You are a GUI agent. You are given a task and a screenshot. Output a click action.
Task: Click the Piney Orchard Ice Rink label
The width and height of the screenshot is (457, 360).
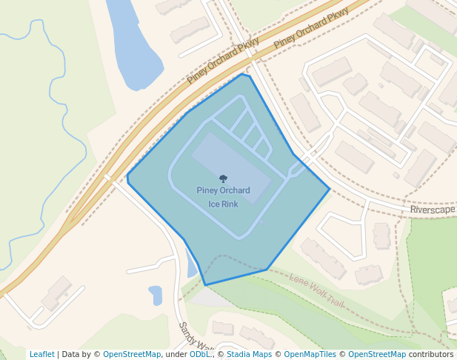tap(223, 197)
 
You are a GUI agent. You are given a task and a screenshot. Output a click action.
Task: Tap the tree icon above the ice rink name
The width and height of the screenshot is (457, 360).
tap(223, 179)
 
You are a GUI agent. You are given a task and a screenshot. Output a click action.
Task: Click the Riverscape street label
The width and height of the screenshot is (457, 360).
tap(433, 210)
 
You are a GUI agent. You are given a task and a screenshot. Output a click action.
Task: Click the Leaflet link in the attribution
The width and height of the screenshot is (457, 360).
tap(41, 354)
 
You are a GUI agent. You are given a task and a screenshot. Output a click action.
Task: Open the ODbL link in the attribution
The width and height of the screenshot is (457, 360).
tap(199, 354)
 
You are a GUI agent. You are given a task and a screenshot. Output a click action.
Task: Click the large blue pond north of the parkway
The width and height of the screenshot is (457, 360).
tap(133, 44)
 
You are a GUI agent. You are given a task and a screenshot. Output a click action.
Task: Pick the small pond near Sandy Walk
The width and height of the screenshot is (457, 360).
tap(156, 295)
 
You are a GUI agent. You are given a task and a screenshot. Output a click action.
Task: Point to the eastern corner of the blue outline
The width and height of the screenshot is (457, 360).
tap(330, 188)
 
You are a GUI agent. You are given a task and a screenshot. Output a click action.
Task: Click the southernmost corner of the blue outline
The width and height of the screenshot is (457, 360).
tap(205, 284)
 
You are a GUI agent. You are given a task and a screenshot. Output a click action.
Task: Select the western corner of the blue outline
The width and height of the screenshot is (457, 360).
tap(127, 177)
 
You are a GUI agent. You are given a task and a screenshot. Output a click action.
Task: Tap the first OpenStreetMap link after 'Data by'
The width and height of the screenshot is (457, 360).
tap(132, 354)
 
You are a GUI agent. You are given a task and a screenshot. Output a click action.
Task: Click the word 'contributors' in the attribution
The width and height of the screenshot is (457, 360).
tap(431, 354)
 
